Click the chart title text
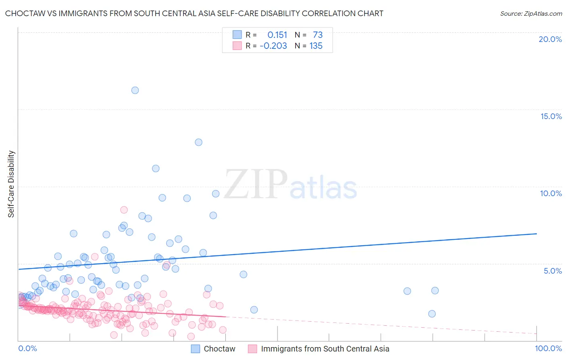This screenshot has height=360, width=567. point(194,13)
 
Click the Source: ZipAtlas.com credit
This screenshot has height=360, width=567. point(531,13)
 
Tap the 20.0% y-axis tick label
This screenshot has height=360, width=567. point(550,39)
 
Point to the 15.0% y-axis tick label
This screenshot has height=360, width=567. point(551,116)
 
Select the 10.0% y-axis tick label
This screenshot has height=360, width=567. point(551,193)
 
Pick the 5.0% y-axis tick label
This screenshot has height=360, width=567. point(552,271)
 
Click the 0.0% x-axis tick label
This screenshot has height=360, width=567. point(27,348)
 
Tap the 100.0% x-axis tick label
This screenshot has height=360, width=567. point(548,348)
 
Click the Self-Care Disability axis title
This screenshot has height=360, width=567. point(11,184)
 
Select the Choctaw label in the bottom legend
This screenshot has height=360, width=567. point(219,349)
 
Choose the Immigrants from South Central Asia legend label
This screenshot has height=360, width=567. point(325,349)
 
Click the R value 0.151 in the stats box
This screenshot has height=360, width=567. point(277,35)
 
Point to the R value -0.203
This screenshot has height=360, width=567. point(273,46)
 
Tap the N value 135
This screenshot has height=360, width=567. point(316,46)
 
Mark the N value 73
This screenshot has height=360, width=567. point(318,35)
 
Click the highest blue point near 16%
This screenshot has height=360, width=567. point(135,90)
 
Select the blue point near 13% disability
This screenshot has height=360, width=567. point(198,142)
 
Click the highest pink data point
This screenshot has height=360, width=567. point(124,210)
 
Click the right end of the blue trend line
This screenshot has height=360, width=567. point(536,234)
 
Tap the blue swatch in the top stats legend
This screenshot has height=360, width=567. point(237,35)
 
